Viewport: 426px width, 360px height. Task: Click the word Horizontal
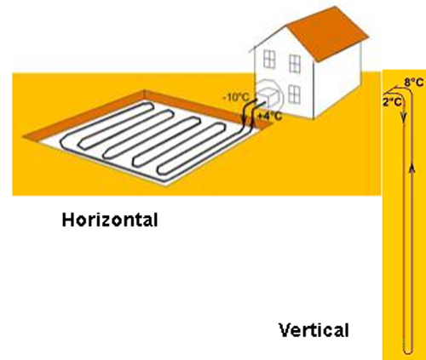pyautogui.click(x=110, y=220)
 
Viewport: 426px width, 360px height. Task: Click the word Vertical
pyautogui.click(x=314, y=330)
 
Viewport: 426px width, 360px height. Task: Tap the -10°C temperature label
pyautogui.click(x=236, y=98)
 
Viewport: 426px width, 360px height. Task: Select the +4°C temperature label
pyautogui.click(x=269, y=116)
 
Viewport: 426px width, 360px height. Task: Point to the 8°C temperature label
pyautogui.click(x=414, y=83)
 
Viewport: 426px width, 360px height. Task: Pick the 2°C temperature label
pyautogui.click(x=392, y=102)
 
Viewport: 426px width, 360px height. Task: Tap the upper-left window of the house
pyautogui.click(x=269, y=59)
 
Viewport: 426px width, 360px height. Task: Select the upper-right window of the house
pyautogui.click(x=295, y=64)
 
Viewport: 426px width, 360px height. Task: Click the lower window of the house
pyautogui.click(x=294, y=94)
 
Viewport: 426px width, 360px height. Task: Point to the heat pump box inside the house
pyautogui.click(x=267, y=95)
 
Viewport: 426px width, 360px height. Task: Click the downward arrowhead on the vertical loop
pyautogui.click(x=404, y=117)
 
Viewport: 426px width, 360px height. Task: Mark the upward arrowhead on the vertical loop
pyautogui.click(x=412, y=169)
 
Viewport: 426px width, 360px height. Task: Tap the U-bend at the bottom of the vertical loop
pyautogui.click(x=408, y=351)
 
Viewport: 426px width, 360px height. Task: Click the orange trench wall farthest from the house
pyautogui.click(x=83, y=116)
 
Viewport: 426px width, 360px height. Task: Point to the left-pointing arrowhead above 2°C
pyautogui.click(x=388, y=91)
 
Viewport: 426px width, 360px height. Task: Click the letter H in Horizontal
pyautogui.click(x=68, y=220)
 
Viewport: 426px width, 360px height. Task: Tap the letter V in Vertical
pyautogui.click(x=285, y=330)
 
